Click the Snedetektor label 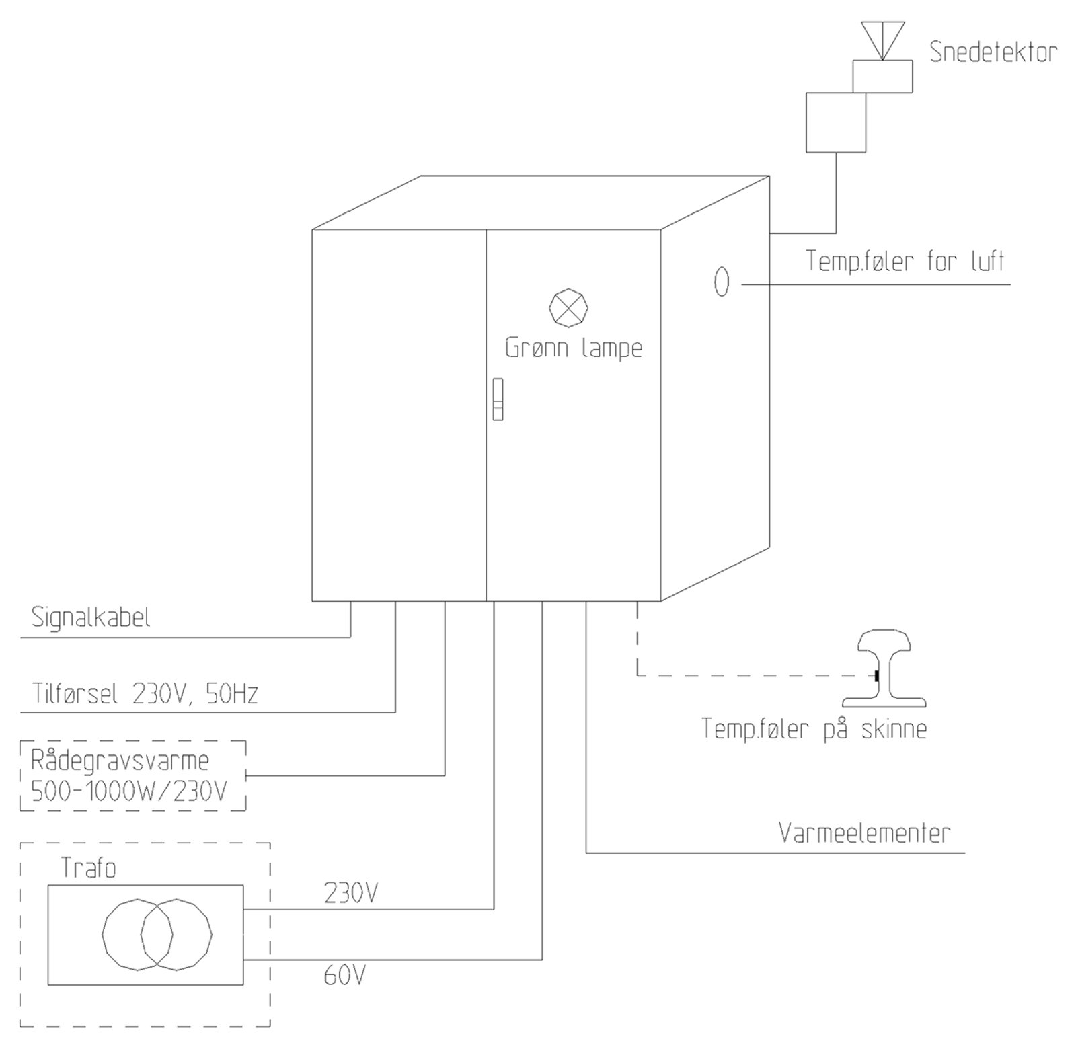coord(993,52)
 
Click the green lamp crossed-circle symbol coord(568,308)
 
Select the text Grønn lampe coord(573,348)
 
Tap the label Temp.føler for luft coord(905,261)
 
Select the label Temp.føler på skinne coord(814,729)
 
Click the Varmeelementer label coord(864,833)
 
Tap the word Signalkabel coord(91,617)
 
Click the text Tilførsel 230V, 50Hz coord(145,693)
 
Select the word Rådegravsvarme coord(120,761)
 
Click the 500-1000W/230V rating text coord(129,791)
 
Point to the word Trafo coord(88,868)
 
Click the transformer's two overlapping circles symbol coord(157,935)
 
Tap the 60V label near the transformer coord(344,975)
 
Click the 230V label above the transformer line coord(351,893)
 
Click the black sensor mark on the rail coord(877,675)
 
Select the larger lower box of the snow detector coord(835,122)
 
